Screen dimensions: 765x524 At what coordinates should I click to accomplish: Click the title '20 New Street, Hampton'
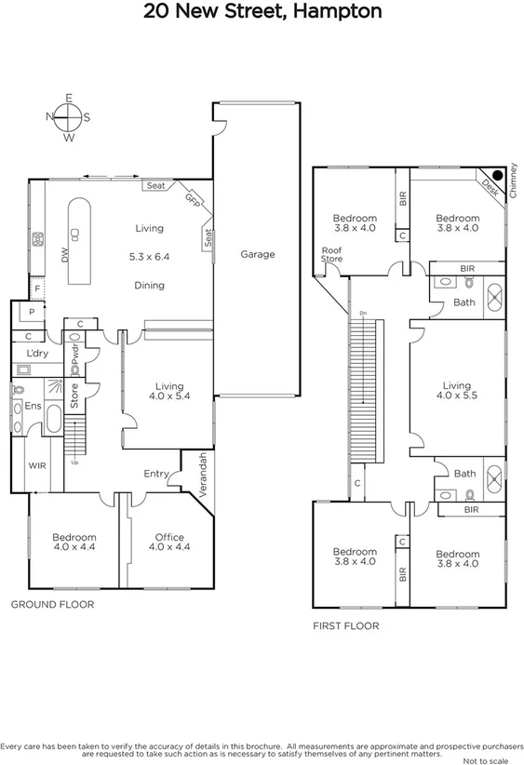[262, 12]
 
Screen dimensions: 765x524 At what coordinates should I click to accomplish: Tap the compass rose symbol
[68, 117]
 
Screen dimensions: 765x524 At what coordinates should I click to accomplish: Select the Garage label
[257, 254]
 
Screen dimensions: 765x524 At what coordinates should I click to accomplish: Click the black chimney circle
[498, 174]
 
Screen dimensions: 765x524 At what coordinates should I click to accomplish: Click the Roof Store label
[331, 254]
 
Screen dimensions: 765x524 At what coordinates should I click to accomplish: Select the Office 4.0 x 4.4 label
[169, 543]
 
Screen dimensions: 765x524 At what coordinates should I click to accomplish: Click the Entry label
[156, 474]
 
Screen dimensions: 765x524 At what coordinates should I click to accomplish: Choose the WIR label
[37, 464]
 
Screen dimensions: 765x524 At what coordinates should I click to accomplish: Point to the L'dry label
[38, 354]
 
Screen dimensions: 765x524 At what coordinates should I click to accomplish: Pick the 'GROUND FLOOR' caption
[52, 604]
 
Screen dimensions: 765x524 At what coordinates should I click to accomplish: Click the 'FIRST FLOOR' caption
[345, 626]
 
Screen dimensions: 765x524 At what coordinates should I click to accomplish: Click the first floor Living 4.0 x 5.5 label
[456, 391]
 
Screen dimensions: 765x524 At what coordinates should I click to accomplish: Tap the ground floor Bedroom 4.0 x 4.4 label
[74, 543]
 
